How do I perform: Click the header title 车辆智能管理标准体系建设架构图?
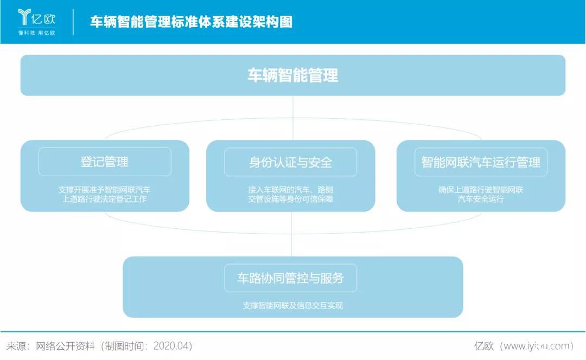191,22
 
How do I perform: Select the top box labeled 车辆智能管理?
293,75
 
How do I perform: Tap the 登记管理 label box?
105,162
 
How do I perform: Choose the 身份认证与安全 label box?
291,162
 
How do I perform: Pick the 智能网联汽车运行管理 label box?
481,162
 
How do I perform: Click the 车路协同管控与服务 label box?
291,278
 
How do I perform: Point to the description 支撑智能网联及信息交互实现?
293,305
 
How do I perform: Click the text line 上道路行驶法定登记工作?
105,199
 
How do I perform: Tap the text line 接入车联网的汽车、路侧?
291,190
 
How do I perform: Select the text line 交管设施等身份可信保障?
291,199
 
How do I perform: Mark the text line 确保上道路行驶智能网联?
481,190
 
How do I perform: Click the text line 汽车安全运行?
481,199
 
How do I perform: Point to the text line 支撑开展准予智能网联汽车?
105,190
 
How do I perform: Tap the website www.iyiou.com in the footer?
537,346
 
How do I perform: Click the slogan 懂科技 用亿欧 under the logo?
36,33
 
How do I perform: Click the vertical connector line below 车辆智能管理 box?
293,117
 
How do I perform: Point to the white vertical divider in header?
73,22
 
